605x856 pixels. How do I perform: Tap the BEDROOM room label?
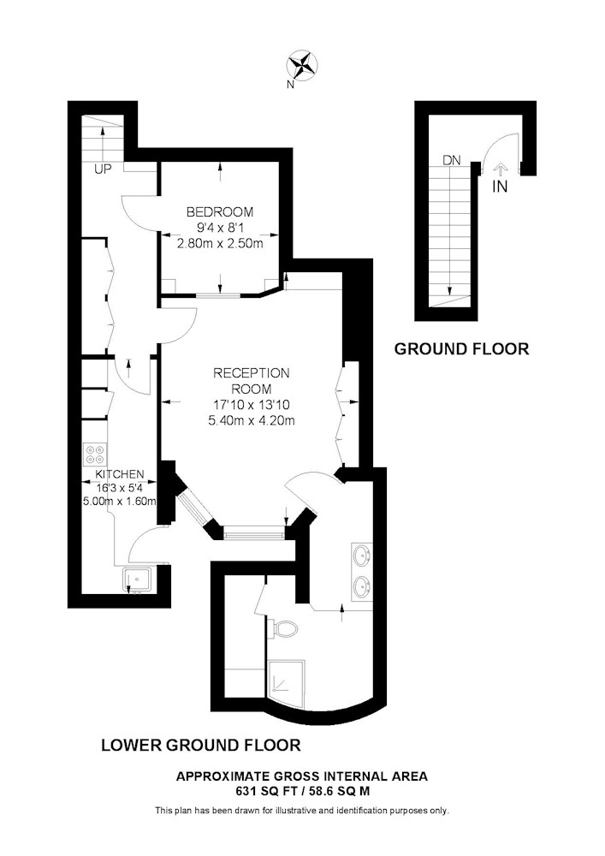(x=220, y=211)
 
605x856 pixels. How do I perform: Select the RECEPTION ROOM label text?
(x=251, y=381)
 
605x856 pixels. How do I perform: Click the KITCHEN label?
(x=120, y=474)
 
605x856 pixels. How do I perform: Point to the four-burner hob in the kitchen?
(x=95, y=455)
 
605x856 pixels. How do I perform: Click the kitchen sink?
(x=138, y=580)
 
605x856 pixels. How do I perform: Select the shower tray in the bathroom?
(x=287, y=683)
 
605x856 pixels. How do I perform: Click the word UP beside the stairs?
(x=103, y=169)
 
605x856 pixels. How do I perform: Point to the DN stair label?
(x=452, y=161)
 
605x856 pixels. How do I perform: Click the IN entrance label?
(x=500, y=187)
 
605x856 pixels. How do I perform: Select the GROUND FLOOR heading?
(x=461, y=349)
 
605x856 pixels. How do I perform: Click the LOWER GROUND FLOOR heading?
(x=201, y=745)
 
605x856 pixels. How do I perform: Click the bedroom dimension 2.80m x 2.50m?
(x=220, y=243)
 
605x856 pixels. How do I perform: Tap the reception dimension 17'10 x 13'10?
(x=251, y=405)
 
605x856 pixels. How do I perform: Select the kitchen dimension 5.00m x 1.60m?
(x=120, y=501)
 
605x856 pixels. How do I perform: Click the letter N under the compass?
(x=291, y=85)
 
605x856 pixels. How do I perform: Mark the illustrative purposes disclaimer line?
(x=302, y=811)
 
